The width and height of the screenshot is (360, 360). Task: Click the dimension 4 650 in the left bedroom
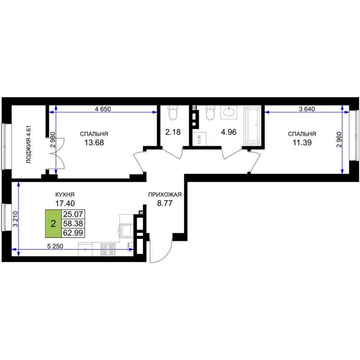[103, 109]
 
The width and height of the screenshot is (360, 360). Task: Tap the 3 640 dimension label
[307, 109]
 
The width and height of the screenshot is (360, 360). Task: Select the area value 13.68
[94, 142]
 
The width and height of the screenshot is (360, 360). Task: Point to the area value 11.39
[302, 142]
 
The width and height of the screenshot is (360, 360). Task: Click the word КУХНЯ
[65, 195]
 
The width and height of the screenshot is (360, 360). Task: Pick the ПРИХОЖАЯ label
[165, 195]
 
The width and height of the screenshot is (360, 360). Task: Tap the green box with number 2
[53, 224]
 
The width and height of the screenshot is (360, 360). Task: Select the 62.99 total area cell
[73, 233]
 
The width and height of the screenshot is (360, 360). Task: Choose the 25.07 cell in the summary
[73, 214]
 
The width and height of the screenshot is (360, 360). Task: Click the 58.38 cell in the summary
[73, 224]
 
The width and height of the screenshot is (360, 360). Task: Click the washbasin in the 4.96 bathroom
[229, 112]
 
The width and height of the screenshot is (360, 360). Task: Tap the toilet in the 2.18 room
[173, 112]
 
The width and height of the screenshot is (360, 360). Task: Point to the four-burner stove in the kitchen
[108, 249]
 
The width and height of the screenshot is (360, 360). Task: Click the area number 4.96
[229, 132]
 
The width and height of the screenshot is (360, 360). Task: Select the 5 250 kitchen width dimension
[55, 247]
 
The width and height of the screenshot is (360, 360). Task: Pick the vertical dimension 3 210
[15, 219]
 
